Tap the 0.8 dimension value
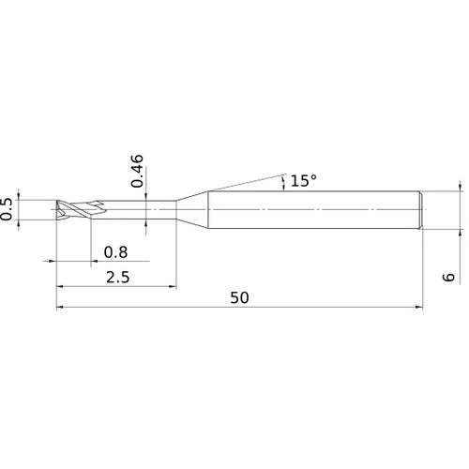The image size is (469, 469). pos(115,251)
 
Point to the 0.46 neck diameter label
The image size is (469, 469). pos(137,171)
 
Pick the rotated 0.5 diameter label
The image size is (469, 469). pos(8,209)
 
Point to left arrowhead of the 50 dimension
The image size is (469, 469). pos(61,306)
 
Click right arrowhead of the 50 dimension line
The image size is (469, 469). pos(418,306)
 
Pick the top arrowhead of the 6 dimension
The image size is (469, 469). pos(462,189)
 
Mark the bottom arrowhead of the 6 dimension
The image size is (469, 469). pos(462,229)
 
